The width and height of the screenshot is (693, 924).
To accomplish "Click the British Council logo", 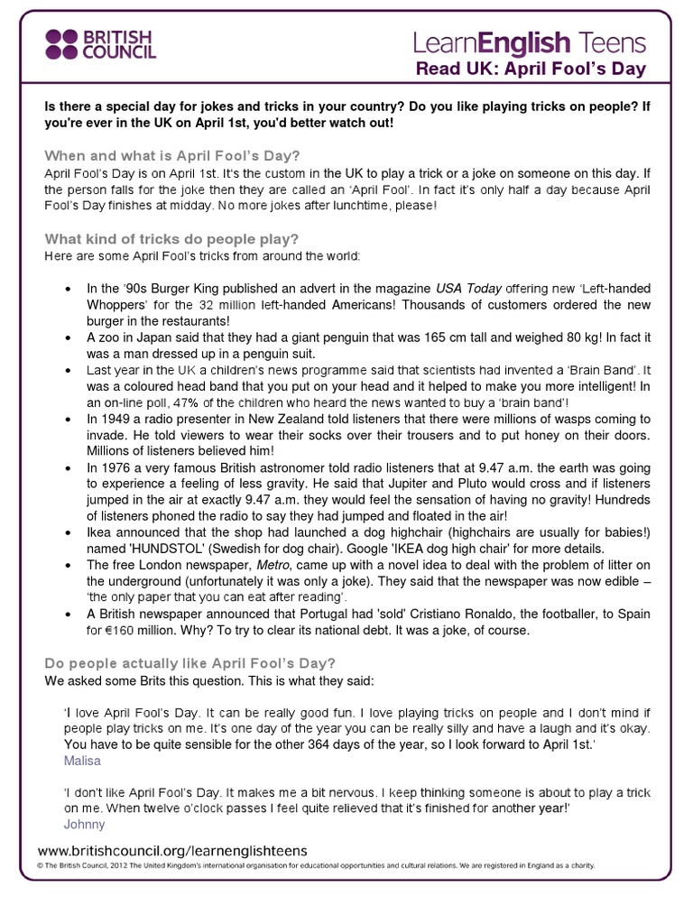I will [x=99, y=42].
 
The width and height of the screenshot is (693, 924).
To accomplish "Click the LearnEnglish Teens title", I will [x=530, y=42].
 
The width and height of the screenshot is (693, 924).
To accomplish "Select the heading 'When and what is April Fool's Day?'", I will [x=172, y=154].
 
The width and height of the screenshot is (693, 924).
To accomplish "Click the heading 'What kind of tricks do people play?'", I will [x=171, y=239].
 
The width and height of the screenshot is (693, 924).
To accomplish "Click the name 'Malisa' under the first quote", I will [x=83, y=761].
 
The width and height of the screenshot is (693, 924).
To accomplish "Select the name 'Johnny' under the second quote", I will [x=85, y=824].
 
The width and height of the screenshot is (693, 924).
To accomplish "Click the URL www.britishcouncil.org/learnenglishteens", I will [x=172, y=850].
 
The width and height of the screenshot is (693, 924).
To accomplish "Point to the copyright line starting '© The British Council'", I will [x=316, y=866].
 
